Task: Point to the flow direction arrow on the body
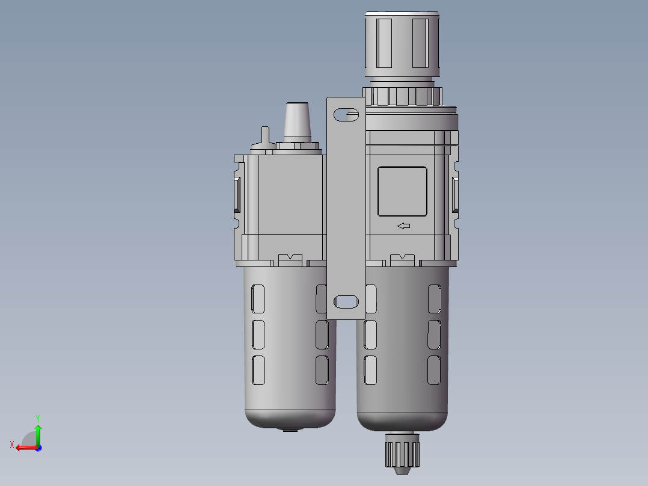click(403, 226)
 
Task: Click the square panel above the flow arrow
click(402, 191)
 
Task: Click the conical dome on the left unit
click(297, 121)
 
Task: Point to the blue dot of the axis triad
click(38, 448)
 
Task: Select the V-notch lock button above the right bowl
click(402, 260)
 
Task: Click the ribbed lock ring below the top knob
click(403, 96)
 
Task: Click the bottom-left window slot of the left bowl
click(258, 370)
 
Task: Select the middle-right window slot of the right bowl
click(433, 334)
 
